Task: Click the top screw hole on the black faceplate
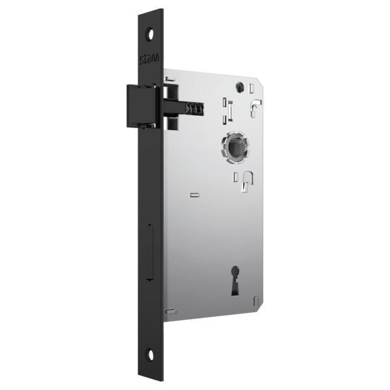(x=149, y=34)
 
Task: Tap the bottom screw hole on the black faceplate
(x=150, y=355)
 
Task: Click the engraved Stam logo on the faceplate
(x=149, y=59)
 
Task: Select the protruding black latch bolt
(x=141, y=107)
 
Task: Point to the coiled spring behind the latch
(x=195, y=109)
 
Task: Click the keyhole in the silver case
(x=235, y=281)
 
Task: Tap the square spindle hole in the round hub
(x=235, y=148)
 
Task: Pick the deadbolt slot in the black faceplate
(x=149, y=252)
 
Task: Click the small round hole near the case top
(x=239, y=86)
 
